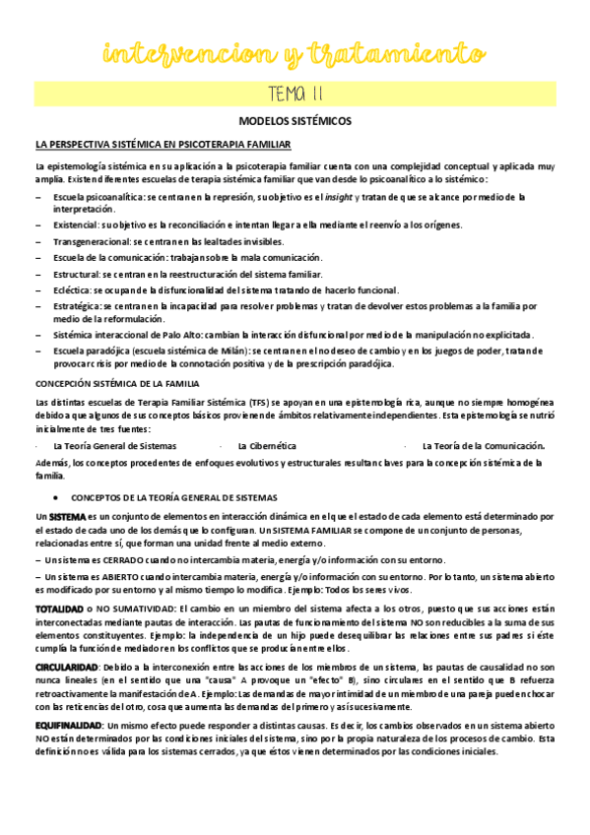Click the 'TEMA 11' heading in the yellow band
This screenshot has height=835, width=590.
295,94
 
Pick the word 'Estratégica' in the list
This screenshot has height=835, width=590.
77,305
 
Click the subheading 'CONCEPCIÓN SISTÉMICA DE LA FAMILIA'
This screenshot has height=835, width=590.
117,382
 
